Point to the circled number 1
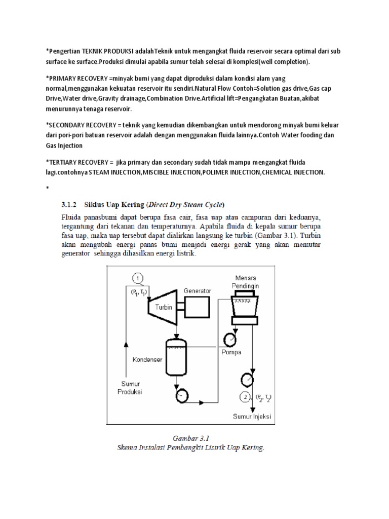[139, 278]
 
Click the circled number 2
[246, 398]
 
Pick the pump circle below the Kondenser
[181, 394]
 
